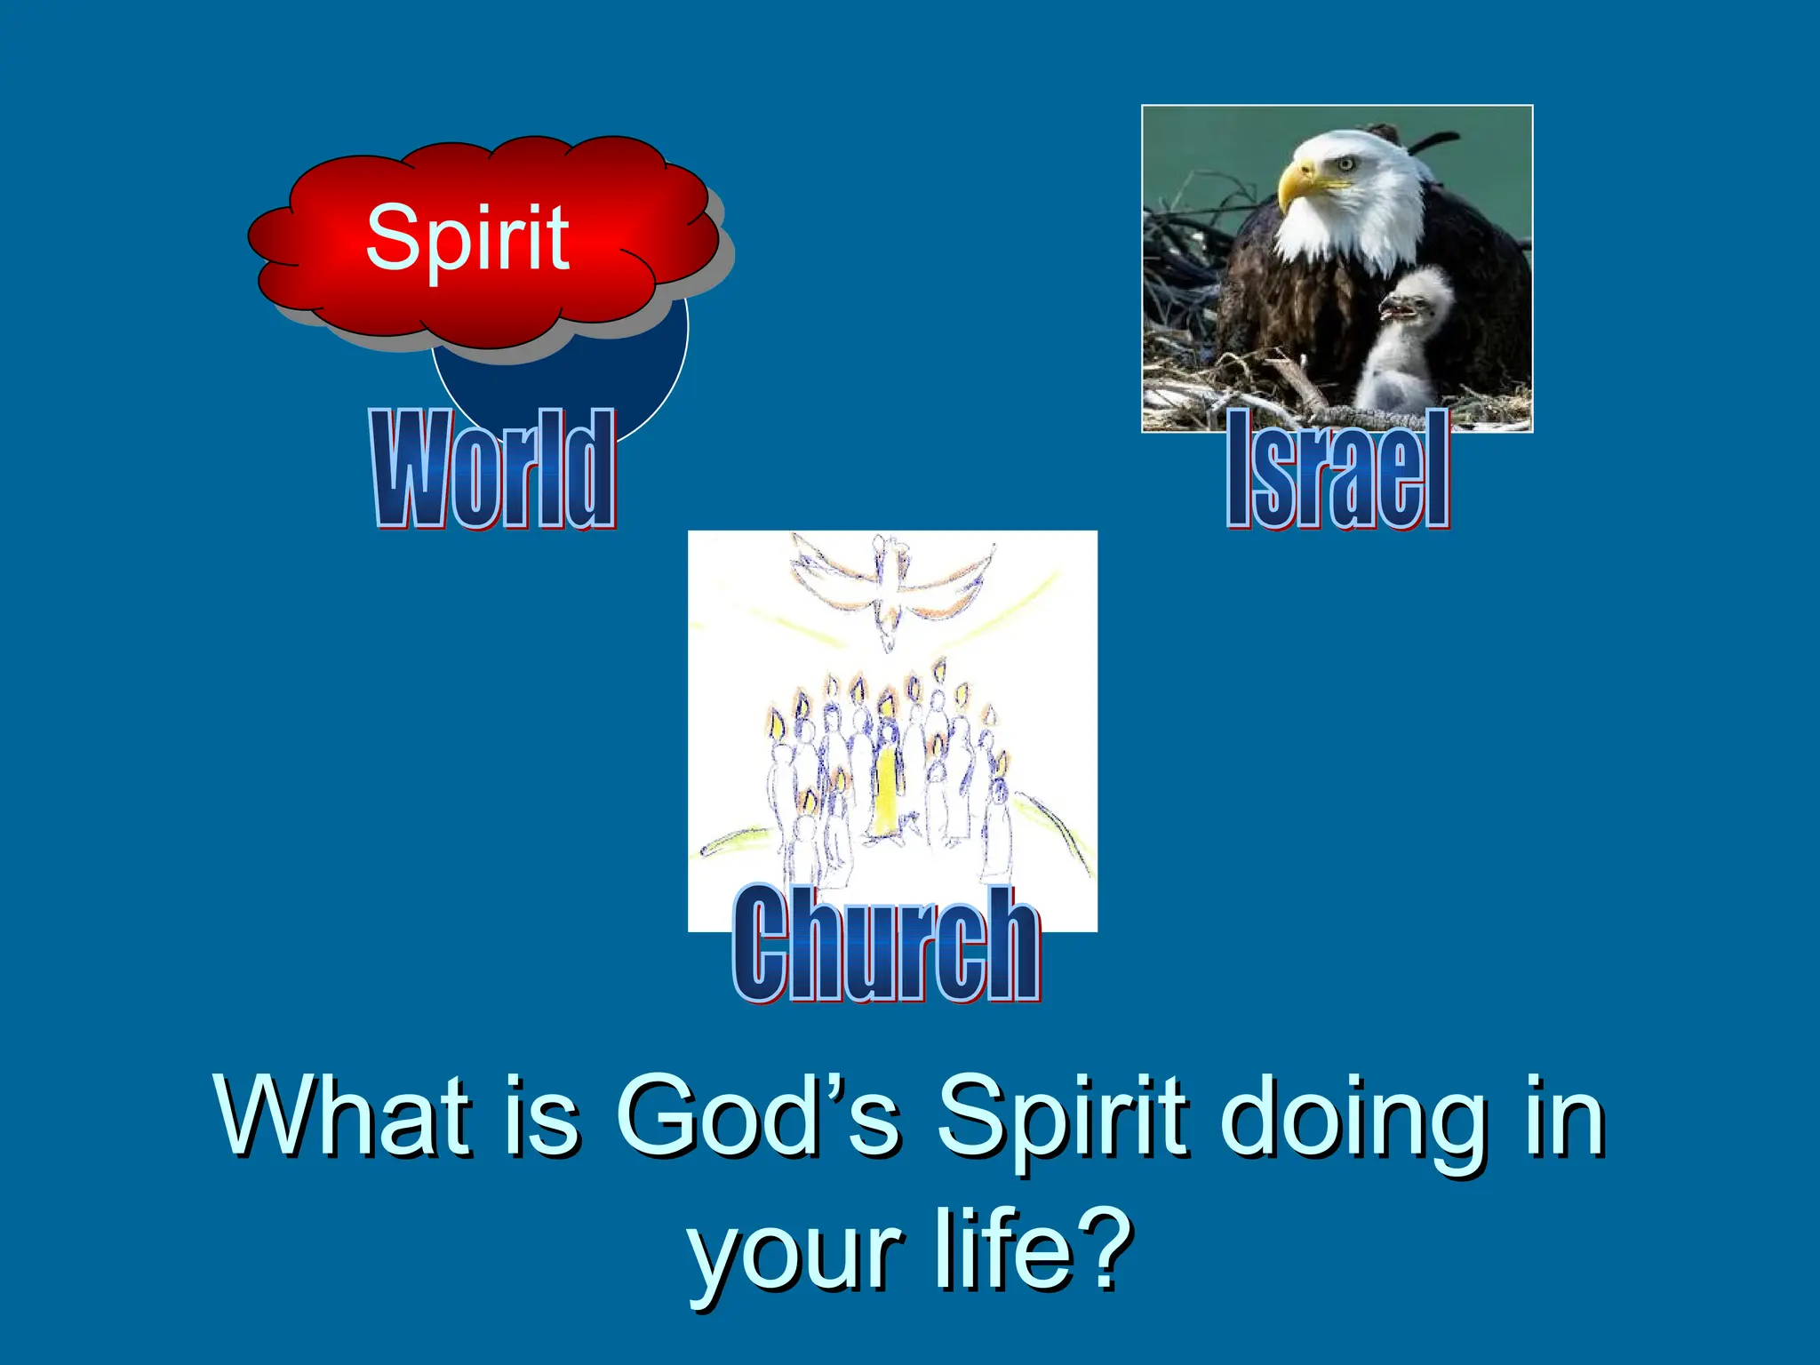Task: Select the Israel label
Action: tap(1338, 468)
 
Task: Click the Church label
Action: tap(886, 944)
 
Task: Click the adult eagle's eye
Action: tap(1345, 164)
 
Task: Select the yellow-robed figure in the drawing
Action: tap(885, 791)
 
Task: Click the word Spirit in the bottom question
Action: tap(1062, 1118)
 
